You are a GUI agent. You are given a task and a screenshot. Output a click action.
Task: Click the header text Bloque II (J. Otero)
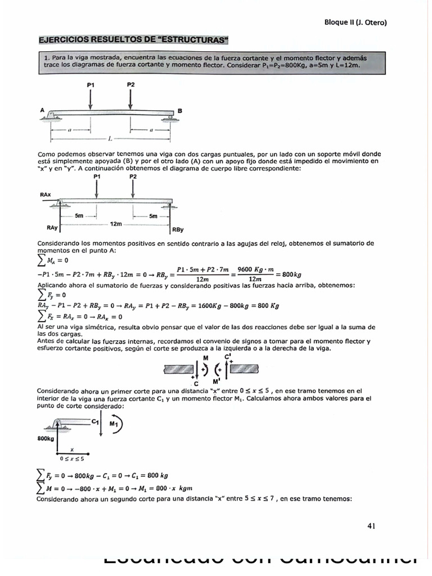click(355, 22)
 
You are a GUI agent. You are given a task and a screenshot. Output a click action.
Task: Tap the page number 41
click(371, 526)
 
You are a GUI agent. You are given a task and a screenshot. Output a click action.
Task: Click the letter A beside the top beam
click(42, 111)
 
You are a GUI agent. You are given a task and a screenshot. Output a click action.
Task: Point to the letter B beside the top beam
click(180, 111)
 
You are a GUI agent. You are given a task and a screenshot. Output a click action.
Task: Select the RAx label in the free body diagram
click(46, 194)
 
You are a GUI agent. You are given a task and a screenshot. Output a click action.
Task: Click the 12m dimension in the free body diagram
click(115, 223)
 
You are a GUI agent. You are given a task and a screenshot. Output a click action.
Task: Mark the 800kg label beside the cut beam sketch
click(46, 438)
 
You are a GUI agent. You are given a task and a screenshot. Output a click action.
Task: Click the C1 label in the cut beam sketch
click(96, 421)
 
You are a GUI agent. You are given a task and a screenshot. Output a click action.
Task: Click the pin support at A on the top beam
click(52, 115)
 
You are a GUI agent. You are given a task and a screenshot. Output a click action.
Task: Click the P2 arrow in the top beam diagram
click(131, 98)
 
